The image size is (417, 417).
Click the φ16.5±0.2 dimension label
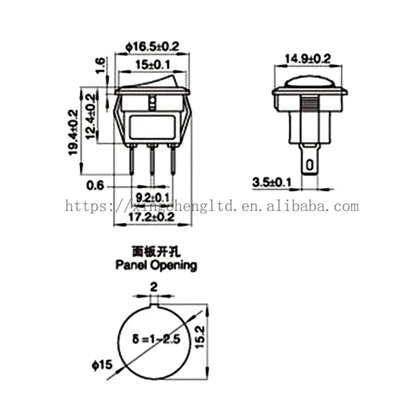(152, 47)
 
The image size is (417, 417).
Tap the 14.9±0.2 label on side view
(308, 58)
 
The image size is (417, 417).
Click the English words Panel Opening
(156, 265)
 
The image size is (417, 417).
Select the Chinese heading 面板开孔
(156, 252)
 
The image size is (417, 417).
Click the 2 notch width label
(153, 287)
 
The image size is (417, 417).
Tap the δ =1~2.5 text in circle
(157, 339)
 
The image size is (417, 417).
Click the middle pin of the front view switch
(152, 162)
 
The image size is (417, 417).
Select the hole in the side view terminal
(310, 166)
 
